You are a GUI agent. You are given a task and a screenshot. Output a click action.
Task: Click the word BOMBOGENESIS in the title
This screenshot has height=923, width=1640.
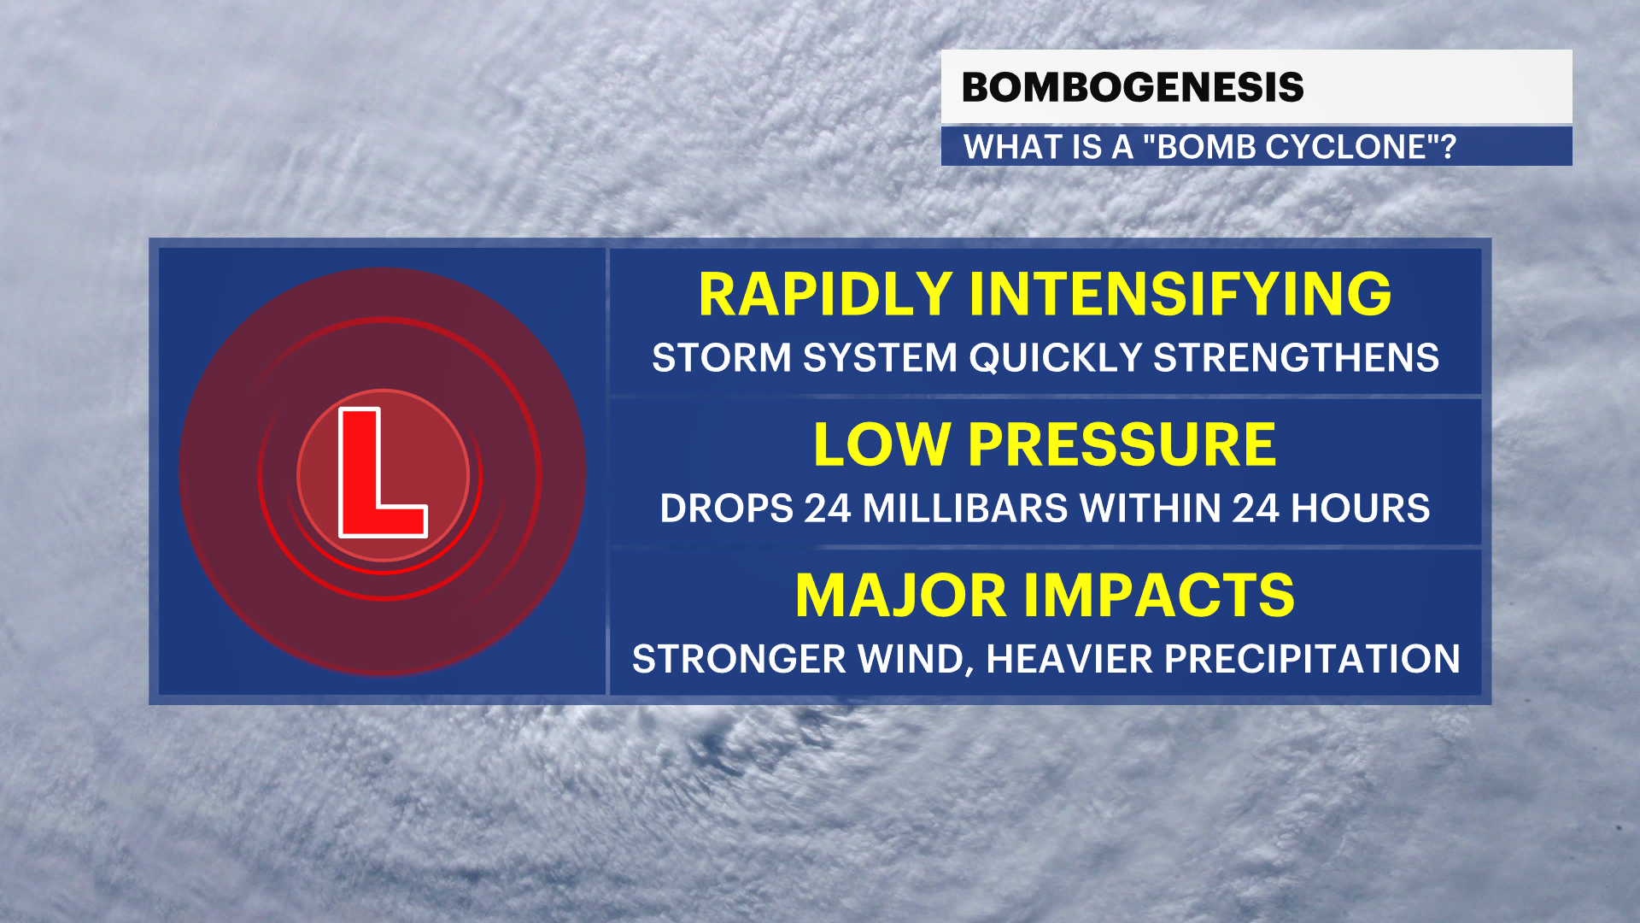(1133, 87)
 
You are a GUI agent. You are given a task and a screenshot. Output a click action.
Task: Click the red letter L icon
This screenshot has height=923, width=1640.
(383, 473)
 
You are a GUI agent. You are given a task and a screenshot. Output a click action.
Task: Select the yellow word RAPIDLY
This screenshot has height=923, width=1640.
(825, 294)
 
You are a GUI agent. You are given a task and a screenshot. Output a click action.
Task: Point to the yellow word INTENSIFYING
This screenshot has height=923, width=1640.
(1180, 294)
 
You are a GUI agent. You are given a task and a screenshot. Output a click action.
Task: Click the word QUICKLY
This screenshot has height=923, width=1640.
(1055, 357)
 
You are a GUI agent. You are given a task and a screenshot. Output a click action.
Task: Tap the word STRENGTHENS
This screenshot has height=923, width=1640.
(1297, 357)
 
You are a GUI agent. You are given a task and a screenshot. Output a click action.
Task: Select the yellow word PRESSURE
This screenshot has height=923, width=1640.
(1122, 444)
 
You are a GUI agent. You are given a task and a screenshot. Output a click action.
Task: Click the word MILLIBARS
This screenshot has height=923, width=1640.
(965, 509)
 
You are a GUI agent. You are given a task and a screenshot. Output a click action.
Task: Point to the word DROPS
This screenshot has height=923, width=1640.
(727, 509)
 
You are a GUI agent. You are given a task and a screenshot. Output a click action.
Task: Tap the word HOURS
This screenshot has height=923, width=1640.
(1361, 509)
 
